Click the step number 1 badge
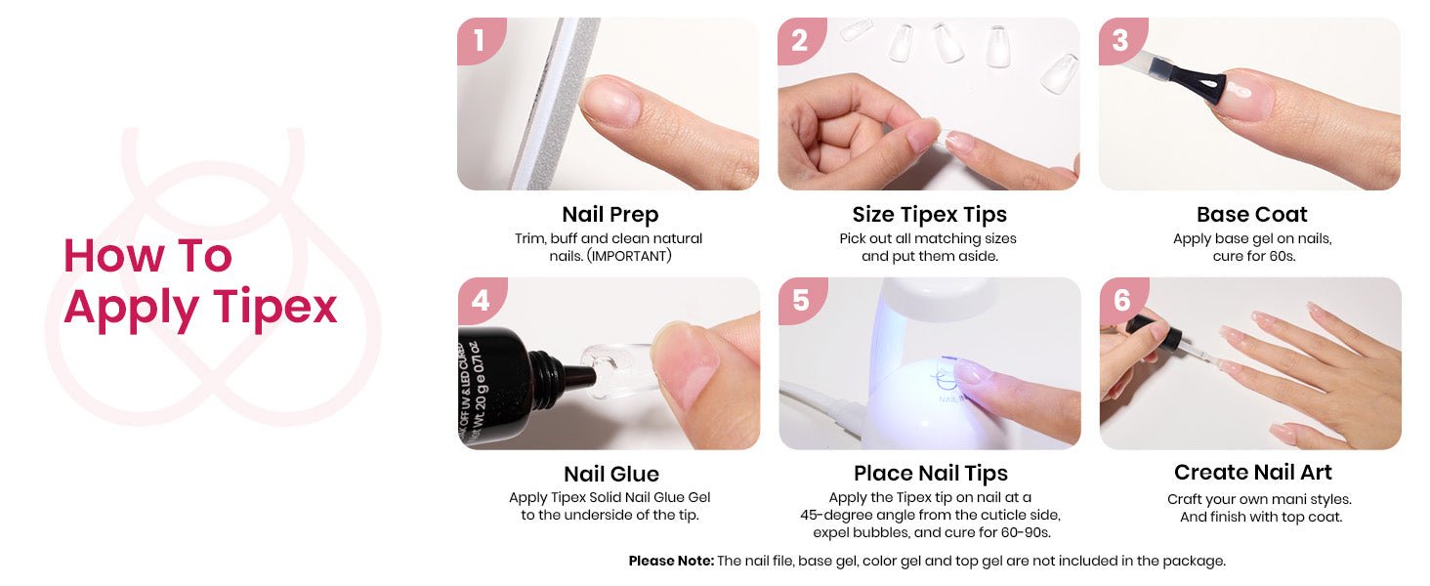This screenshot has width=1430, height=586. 480,40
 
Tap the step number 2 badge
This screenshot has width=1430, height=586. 800,40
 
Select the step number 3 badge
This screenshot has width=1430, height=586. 1121,40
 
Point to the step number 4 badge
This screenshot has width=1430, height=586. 481,300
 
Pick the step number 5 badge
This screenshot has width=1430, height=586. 801,300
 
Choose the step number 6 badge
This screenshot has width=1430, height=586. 1122,300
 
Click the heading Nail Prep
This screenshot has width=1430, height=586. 610,215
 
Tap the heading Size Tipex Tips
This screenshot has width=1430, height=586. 930,215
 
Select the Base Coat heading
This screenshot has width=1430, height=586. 1252,215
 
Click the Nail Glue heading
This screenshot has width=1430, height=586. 610,474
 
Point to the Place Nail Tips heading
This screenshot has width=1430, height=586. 931,474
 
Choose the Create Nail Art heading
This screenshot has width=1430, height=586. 1252,473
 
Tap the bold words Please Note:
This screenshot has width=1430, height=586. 671,562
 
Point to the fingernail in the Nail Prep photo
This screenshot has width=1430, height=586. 610,102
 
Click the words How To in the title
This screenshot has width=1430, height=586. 147,256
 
